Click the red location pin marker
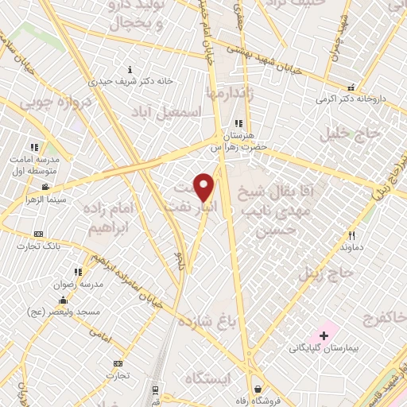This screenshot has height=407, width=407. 204,187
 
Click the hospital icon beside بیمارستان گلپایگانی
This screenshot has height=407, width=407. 324,337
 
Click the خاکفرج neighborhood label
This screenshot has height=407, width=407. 380,320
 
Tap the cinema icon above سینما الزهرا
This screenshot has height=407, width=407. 46,188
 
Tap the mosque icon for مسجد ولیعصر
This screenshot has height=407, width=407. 63,300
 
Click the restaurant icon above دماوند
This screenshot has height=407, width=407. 352,235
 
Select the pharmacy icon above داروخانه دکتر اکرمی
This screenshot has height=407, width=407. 351,88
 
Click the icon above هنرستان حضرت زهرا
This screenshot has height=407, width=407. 238,123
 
